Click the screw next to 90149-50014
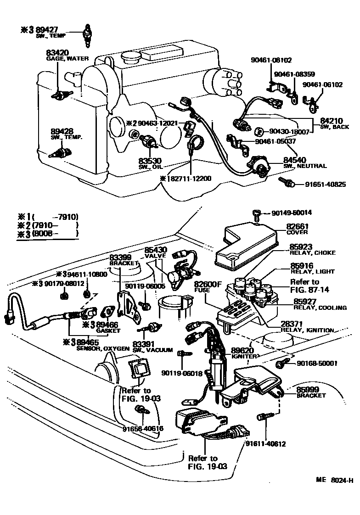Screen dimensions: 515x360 257,213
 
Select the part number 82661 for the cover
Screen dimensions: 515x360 298,226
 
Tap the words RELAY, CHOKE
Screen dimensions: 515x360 313,253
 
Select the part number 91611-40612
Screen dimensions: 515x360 266,444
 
